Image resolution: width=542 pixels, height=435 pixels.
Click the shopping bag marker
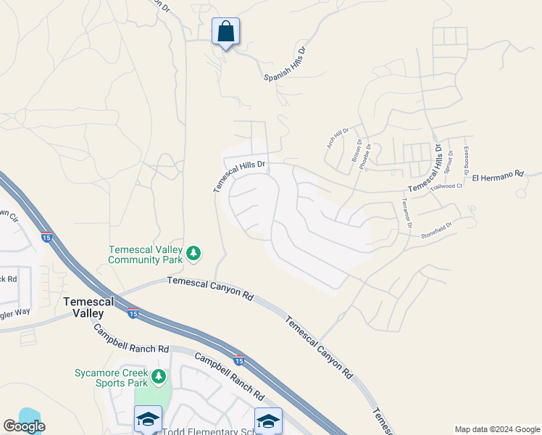pyautogui.click(x=225, y=33)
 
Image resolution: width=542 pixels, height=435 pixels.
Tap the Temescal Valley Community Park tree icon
pyautogui.click(x=193, y=253)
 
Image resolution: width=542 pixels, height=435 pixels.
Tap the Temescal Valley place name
pyautogui.click(x=83, y=307)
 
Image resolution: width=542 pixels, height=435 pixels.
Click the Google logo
pyautogui.click(x=24, y=426)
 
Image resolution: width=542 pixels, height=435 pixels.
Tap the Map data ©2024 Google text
pyautogui.click(x=496, y=429)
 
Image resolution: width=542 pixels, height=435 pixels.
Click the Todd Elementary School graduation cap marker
pyautogui.click(x=148, y=419)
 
